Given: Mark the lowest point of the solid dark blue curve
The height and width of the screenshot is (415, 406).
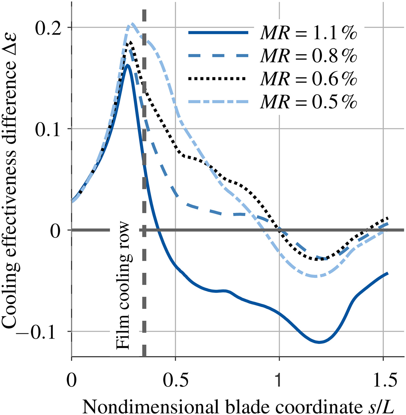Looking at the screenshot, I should tap(319, 342).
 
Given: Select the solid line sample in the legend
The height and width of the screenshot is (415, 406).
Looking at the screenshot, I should tap(218, 33).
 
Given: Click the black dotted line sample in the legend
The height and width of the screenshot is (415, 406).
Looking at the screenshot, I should tap(218, 79).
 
